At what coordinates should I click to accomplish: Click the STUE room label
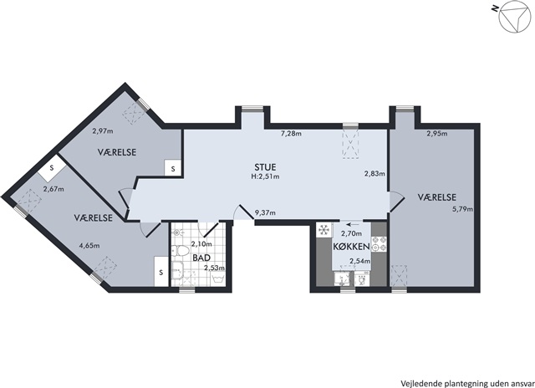265,167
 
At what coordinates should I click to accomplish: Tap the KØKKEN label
351,247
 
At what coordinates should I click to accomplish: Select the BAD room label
201,258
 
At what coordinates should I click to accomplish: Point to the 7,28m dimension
291,134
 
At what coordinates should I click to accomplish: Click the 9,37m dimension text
266,213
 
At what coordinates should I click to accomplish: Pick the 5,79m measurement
462,209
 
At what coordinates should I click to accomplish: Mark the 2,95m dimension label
437,134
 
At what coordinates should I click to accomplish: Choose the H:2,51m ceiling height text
265,176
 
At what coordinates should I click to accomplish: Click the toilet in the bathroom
180,251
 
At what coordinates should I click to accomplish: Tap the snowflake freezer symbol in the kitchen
324,230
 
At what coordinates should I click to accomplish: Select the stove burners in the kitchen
379,243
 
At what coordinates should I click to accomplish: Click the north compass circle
514,19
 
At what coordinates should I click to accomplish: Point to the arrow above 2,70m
352,225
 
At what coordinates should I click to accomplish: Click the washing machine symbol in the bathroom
218,278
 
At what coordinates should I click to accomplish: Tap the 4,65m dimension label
89,245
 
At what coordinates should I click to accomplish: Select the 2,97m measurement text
103,130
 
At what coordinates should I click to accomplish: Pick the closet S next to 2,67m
52,168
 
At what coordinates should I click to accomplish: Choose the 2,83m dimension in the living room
374,174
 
